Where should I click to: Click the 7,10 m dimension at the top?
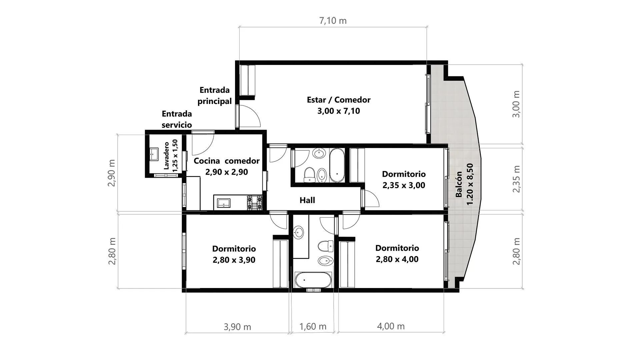click(333, 21)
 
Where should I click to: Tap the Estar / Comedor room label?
click(339, 105)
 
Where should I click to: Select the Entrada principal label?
click(215, 95)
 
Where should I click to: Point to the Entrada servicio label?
click(177, 119)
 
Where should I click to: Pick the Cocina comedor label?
click(227, 166)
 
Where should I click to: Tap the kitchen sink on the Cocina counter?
click(223, 203)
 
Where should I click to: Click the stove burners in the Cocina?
click(255, 203)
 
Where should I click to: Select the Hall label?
click(307, 200)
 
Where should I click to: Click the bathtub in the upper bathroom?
click(337, 165)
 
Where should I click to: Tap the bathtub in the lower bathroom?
click(313, 280)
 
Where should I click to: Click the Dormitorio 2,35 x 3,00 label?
click(404, 180)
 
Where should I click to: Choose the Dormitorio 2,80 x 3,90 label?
click(234, 254)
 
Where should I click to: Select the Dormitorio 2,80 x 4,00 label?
click(397, 254)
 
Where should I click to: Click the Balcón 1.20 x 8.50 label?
click(464, 184)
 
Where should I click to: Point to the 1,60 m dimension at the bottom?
click(313, 326)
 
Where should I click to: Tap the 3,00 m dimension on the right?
click(516, 104)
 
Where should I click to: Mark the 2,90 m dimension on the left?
click(112, 173)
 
